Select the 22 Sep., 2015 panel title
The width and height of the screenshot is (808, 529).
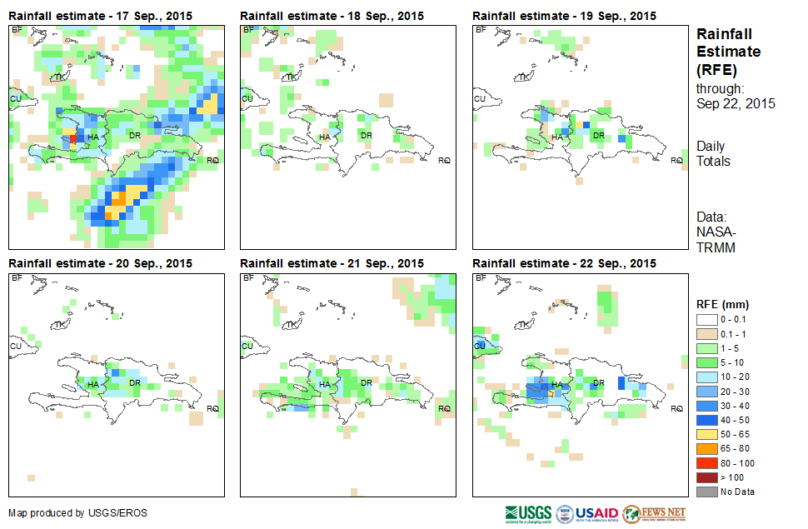pos(564,263)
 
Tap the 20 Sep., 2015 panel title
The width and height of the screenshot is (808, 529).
pos(100,263)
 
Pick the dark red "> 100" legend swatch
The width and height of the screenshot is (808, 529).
pos(710,477)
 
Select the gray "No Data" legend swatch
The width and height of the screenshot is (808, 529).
pos(710,491)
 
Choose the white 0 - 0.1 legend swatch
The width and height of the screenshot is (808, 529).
pos(710,320)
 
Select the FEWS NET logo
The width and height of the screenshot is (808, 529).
pos(654,512)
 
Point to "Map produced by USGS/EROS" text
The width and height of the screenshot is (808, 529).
pos(77,513)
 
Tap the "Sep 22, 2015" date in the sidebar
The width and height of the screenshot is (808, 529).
pos(736,104)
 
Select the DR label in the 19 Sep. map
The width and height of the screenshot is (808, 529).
pos(597,135)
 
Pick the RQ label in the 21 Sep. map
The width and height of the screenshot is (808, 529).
pos(445,408)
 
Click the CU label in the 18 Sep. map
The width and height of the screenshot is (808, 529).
pos(247,99)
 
